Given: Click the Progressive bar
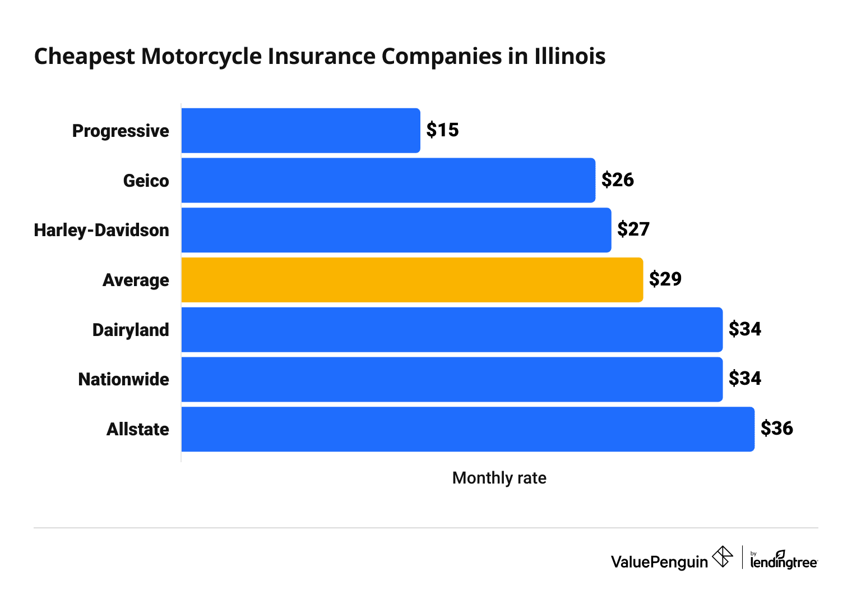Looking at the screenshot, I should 300,131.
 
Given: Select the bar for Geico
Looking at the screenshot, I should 388,180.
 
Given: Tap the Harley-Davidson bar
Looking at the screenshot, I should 396,230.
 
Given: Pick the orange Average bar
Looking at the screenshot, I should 412,280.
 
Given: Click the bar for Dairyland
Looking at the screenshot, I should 452,329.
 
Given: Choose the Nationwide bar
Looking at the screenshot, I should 452,379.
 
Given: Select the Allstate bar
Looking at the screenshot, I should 467,429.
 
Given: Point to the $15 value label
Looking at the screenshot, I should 442,130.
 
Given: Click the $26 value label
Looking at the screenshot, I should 617,180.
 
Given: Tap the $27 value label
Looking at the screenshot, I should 633,229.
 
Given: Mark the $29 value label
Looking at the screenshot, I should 665,279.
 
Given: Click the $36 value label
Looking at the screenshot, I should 776,429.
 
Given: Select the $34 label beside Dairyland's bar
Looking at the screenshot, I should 744,329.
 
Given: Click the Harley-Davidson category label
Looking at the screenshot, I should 101,230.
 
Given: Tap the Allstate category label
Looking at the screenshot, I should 138,429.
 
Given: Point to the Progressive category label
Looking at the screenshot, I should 121,131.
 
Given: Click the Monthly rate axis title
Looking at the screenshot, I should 499,478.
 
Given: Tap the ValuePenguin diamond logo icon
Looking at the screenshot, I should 722,557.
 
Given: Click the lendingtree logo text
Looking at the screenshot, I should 784,562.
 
